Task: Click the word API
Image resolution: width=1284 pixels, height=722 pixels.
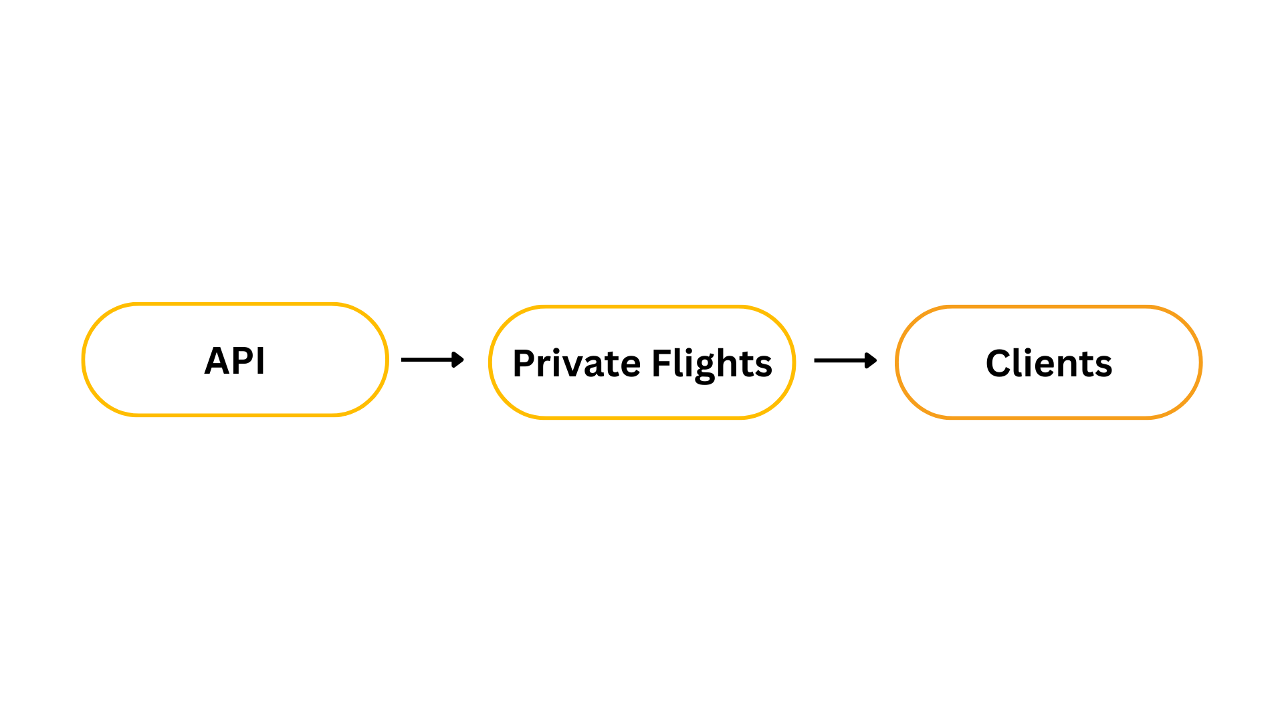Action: [x=235, y=361]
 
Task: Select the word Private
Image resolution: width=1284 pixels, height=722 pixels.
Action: [x=576, y=364]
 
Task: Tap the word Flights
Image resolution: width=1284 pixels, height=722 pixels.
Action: [x=712, y=364]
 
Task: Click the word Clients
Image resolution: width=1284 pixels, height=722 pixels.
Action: [x=1049, y=364]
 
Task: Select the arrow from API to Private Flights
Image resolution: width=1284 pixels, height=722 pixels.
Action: [x=432, y=360]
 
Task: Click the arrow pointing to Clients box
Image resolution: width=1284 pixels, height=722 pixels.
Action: [x=845, y=361]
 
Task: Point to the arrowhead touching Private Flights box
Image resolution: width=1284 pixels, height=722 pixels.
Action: [x=459, y=360]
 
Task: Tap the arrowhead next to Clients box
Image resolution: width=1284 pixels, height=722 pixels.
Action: [x=871, y=361]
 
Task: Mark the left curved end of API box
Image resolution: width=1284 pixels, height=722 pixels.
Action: [x=84, y=360]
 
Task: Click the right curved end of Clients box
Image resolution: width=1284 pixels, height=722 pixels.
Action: [x=1200, y=362]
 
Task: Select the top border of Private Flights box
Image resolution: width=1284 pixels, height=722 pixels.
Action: [x=642, y=307]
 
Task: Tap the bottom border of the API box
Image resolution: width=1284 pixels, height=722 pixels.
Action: [x=235, y=415]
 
